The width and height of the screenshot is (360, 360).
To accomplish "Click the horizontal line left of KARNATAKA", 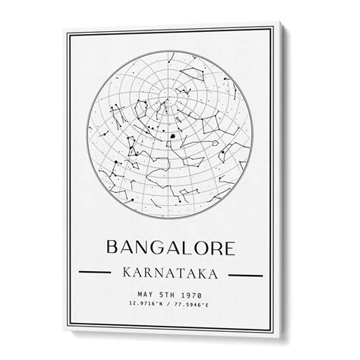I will (x=98, y=272).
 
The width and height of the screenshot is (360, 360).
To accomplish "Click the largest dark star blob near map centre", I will (x=172, y=138).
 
